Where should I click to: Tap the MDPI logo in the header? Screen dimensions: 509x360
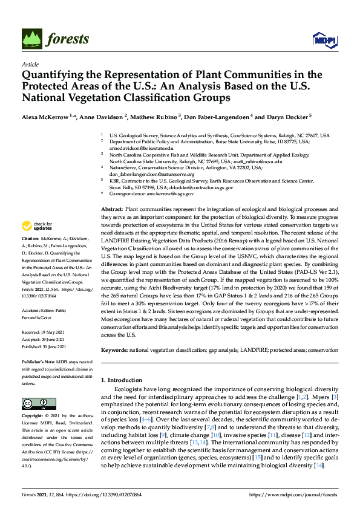tap(321, 40)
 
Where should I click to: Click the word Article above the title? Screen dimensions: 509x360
tap(30, 64)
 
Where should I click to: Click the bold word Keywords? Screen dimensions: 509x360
tap(114, 349)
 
